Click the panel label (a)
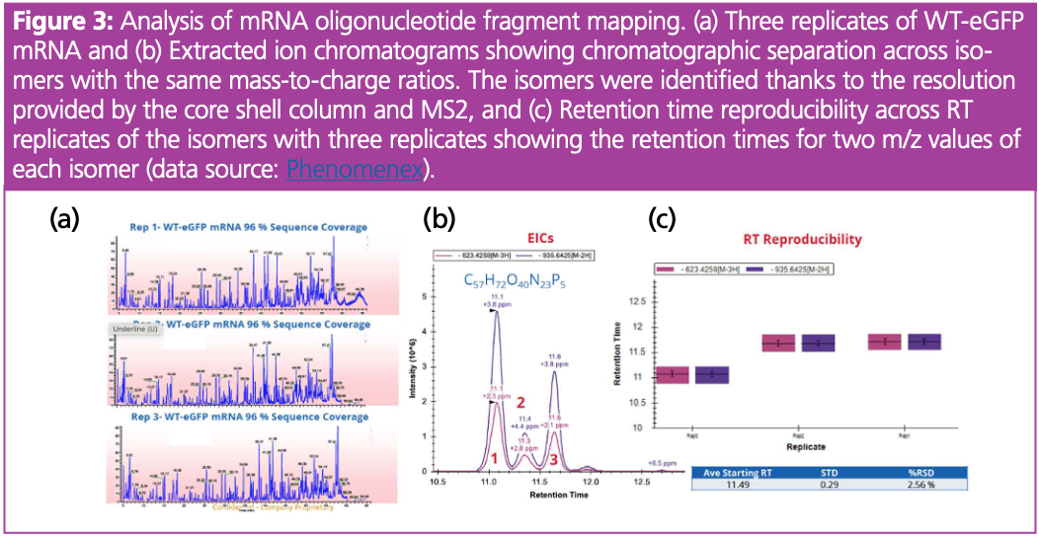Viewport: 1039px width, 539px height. coord(67,221)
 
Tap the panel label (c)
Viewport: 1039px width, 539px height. coord(662,220)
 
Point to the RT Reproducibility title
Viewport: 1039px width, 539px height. coord(802,239)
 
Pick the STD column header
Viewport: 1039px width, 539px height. coord(825,473)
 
